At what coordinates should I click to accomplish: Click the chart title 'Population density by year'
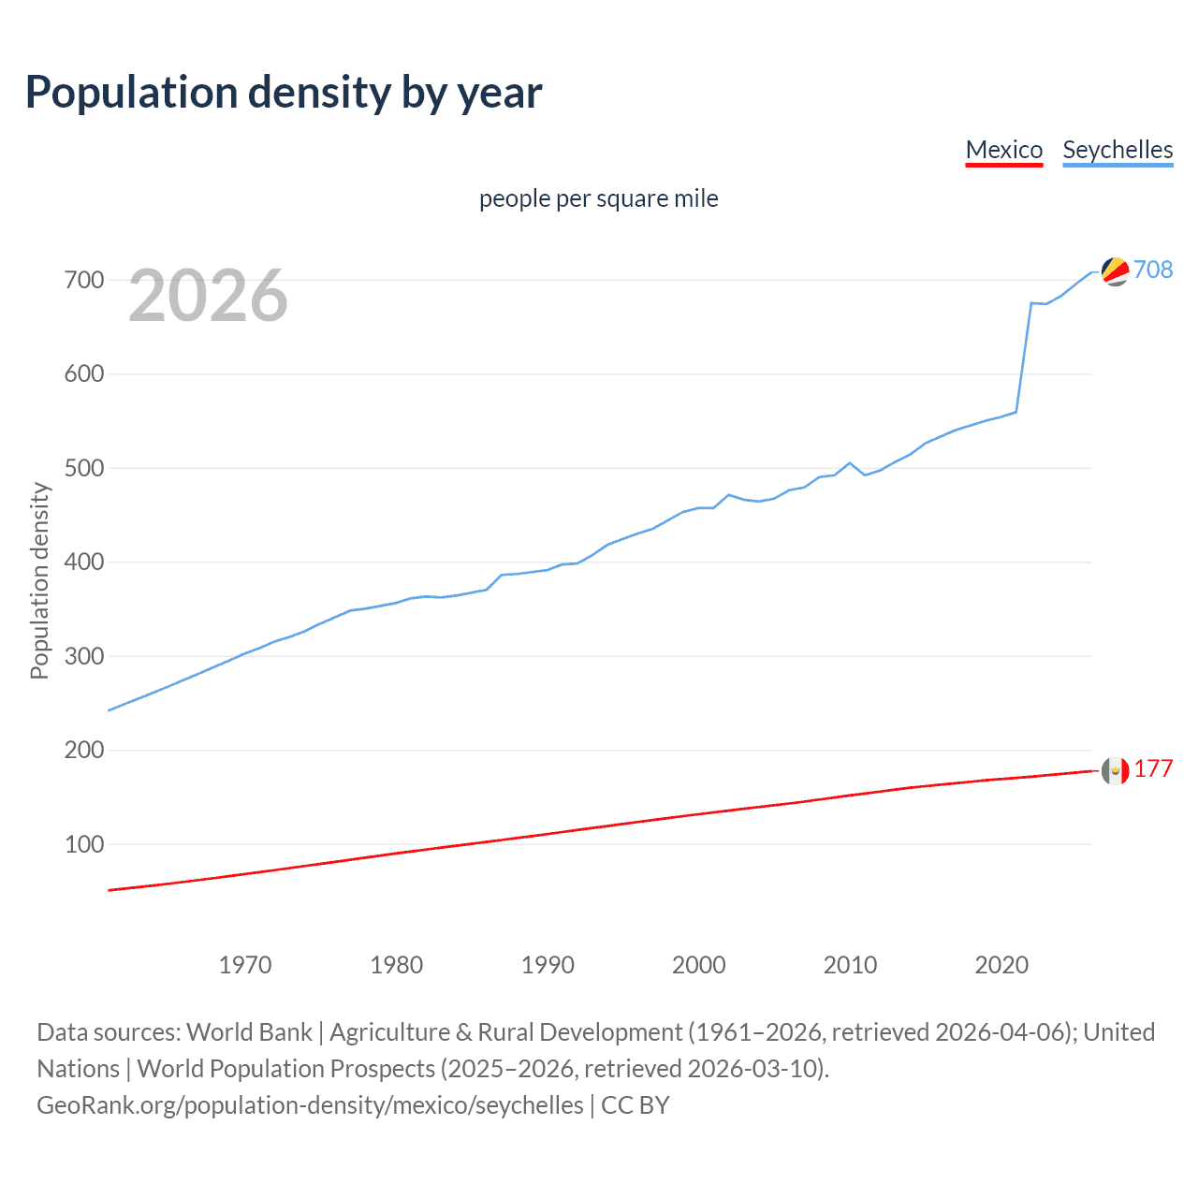(x=284, y=93)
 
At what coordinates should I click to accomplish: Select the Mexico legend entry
(x=1003, y=150)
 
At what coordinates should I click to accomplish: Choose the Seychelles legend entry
(x=1118, y=150)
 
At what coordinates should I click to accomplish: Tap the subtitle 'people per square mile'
(x=599, y=198)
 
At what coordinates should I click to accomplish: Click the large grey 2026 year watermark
(x=208, y=296)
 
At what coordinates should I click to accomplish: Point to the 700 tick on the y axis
(x=84, y=280)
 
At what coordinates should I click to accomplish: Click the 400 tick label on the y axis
(x=84, y=562)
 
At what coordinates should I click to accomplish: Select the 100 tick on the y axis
(x=84, y=844)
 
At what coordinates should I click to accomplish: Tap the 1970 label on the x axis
(x=245, y=965)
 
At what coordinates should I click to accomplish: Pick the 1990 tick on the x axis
(x=548, y=965)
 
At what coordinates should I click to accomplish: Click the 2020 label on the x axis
(x=1001, y=965)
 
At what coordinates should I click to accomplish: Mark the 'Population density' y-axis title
(x=39, y=580)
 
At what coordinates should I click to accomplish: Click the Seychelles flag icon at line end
(x=1115, y=270)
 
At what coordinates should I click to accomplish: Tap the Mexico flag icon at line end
(x=1115, y=770)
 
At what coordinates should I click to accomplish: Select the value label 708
(x=1153, y=270)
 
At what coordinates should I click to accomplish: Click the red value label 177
(x=1153, y=768)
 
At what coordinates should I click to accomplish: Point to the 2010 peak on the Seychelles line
(x=850, y=462)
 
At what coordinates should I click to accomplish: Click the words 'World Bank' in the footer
(x=249, y=1032)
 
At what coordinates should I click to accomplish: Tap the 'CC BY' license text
(x=636, y=1105)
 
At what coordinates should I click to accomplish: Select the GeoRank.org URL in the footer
(x=310, y=1105)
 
